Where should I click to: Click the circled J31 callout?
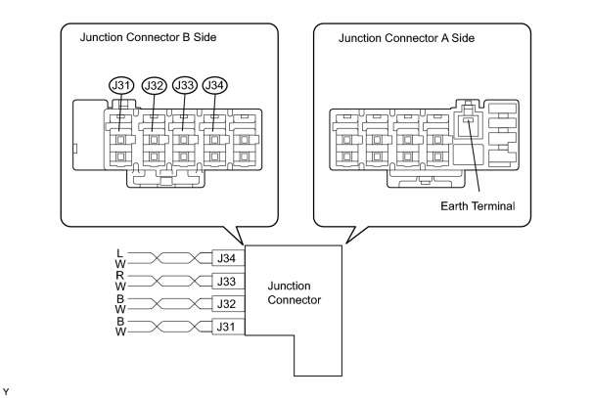(121, 86)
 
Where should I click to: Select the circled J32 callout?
(154, 86)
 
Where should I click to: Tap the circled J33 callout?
(185, 85)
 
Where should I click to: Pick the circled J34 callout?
(215, 85)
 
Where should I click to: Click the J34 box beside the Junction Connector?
(228, 258)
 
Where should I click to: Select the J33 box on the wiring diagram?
(228, 282)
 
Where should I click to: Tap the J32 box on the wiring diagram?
(228, 304)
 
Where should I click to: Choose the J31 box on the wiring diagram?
(228, 327)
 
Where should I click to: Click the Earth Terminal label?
(478, 206)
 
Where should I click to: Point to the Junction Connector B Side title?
(148, 37)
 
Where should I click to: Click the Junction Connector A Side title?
(406, 38)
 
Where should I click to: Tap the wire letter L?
(119, 253)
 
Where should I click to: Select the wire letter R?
(119, 276)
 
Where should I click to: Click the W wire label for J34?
(120, 264)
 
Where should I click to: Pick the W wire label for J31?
(120, 332)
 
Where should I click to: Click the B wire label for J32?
(120, 299)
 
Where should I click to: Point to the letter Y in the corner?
(6, 392)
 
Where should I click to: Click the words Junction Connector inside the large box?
(295, 292)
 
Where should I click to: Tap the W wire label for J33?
(120, 287)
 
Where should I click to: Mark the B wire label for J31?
(120, 322)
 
